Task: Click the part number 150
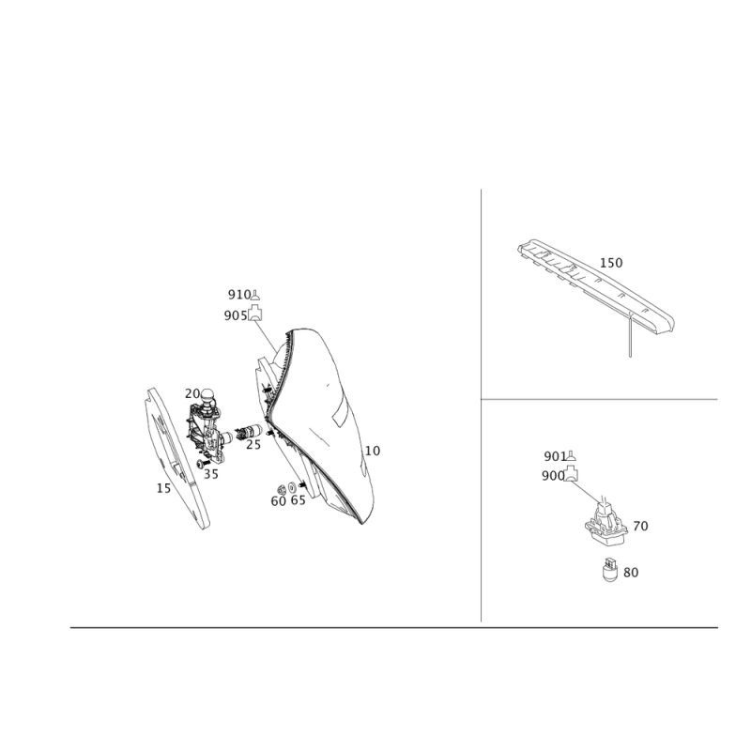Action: pos(611,263)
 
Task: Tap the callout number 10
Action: pos(372,451)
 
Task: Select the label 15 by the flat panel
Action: pos(163,488)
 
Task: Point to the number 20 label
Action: pos(192,393)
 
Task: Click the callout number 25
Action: pos(253,445)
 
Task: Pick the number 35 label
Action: pos(210,474)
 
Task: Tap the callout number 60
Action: pos(278,501)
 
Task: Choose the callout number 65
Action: pos(298,500)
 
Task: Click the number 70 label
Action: pos(640,526)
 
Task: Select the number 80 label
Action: pos(631,573)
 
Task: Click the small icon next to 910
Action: pos(255,295)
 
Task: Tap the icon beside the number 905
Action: pos(255,314)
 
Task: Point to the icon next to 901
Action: pos(572,456)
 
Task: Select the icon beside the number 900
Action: pos(571,474)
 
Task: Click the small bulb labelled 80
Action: pos(609,570)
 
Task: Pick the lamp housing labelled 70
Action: pos(605,525)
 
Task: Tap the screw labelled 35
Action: pos(203,464)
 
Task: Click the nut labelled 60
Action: pos(282,489)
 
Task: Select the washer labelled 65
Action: pos(292,487)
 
